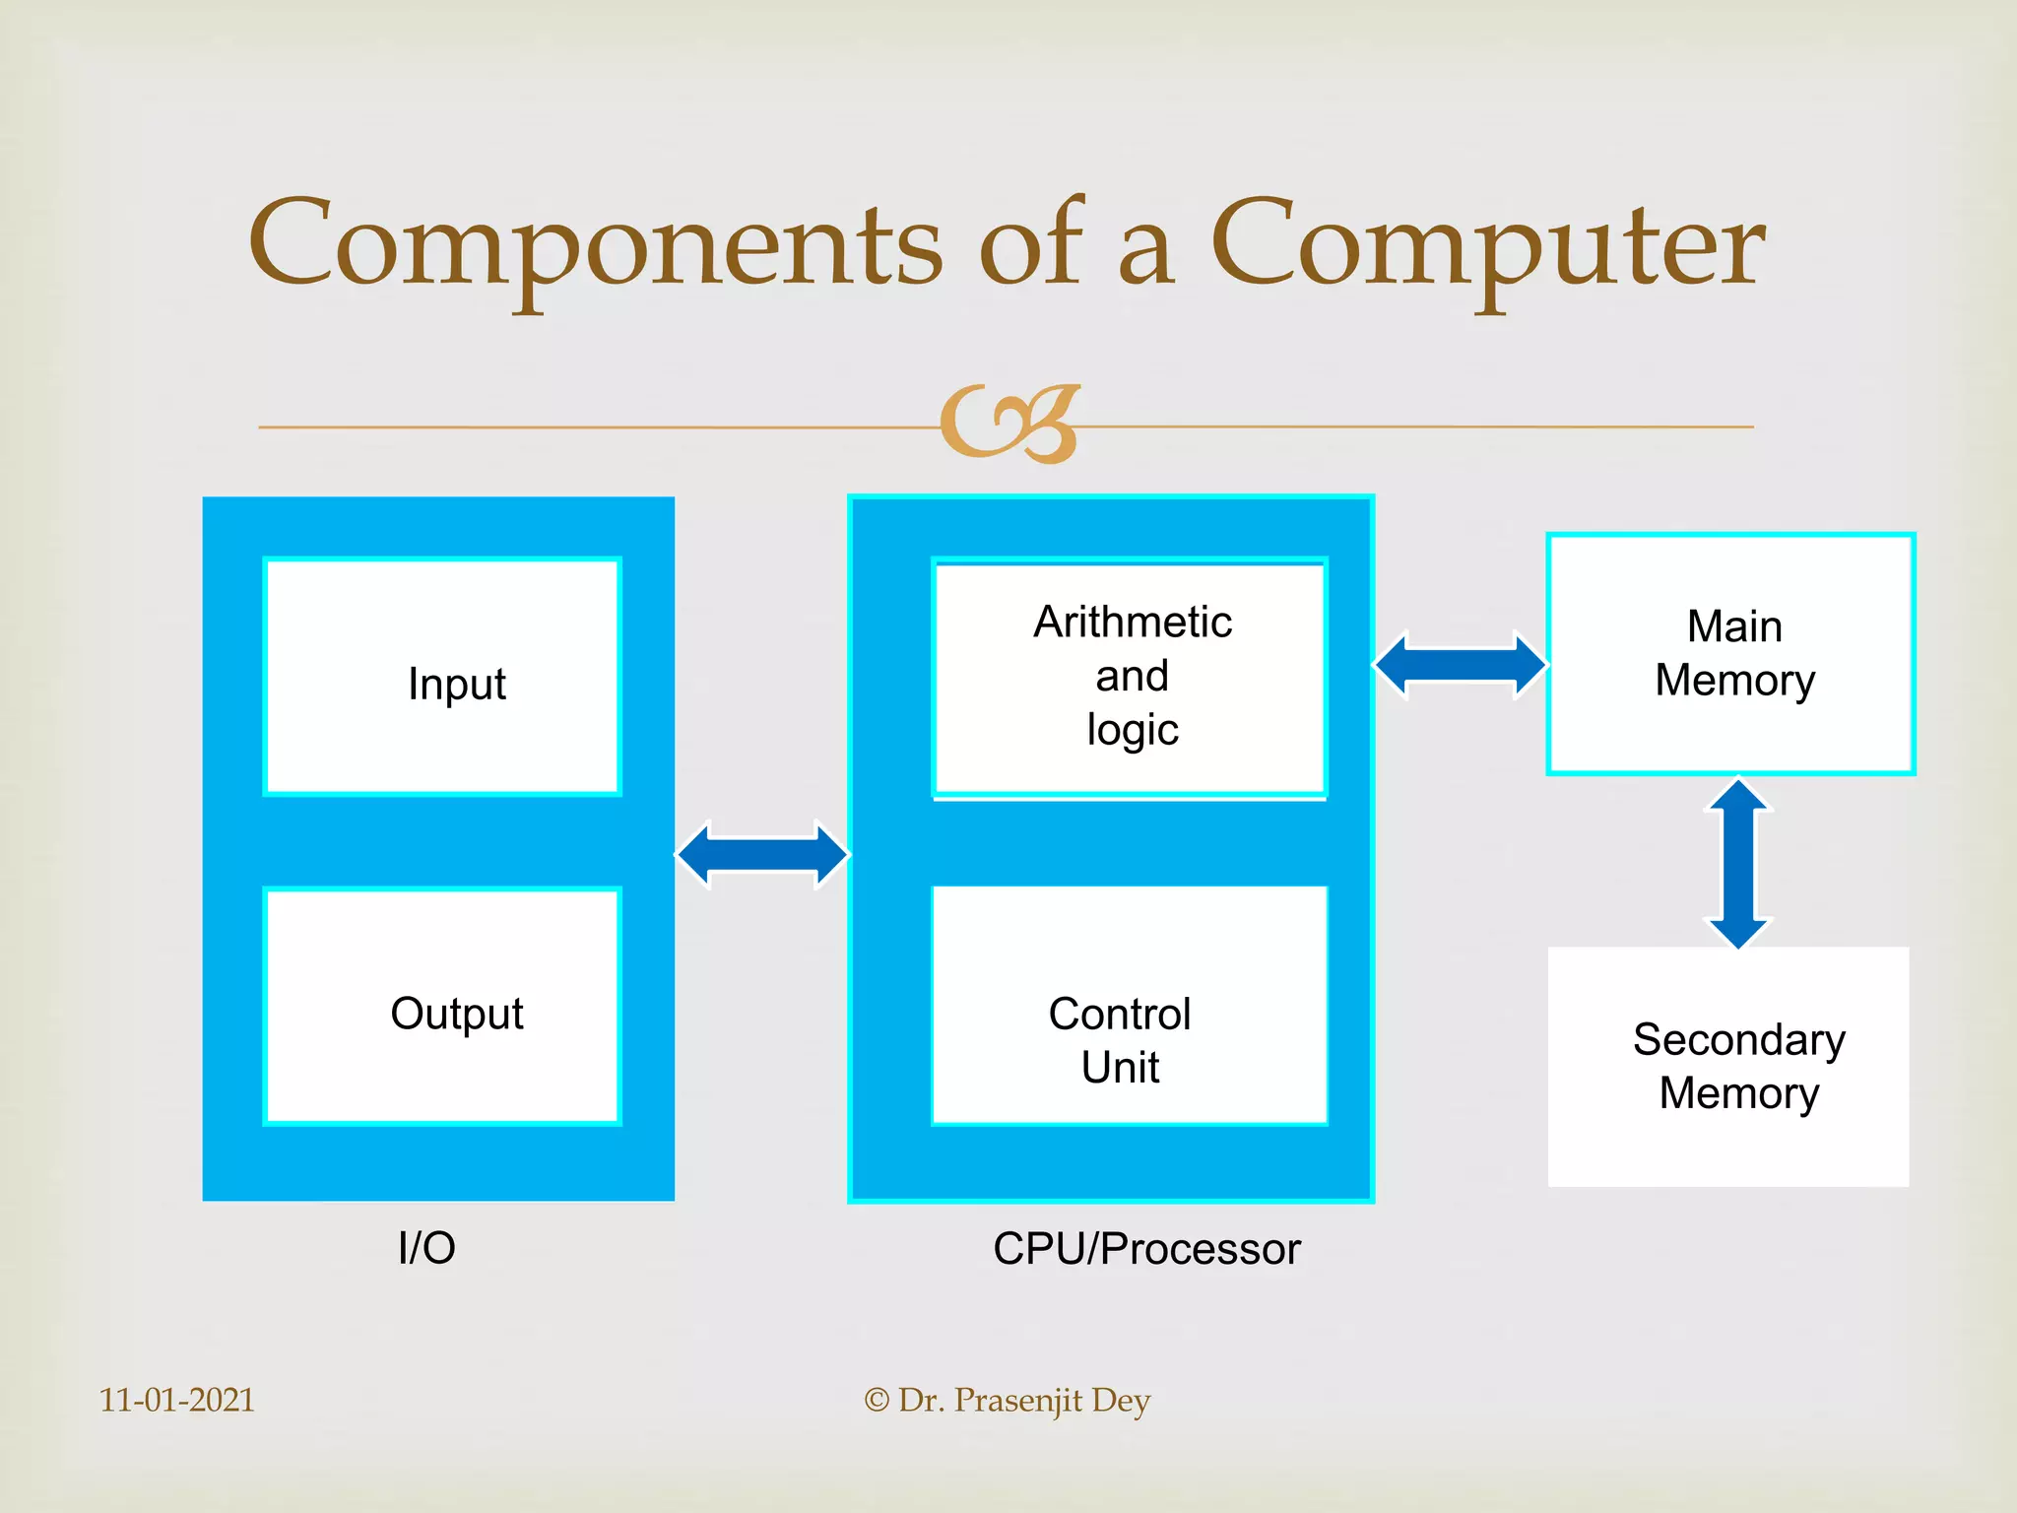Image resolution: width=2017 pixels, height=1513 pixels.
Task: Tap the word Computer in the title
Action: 1487,246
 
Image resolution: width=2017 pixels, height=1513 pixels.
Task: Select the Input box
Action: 442,678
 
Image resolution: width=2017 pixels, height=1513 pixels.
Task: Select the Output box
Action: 442,1007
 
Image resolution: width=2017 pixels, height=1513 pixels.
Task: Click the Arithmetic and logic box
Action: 1130,678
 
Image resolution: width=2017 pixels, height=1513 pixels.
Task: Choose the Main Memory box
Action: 1730,654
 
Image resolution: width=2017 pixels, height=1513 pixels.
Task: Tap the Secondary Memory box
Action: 1728,1067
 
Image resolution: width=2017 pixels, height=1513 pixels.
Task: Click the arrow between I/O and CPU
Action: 762,854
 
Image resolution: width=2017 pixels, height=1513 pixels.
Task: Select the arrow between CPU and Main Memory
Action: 1461,666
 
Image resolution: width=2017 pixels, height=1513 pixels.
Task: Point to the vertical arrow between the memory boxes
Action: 1738,864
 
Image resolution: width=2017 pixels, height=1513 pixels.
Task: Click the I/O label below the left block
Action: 426,1248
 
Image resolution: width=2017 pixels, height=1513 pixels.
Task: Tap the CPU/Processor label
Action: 1146,1249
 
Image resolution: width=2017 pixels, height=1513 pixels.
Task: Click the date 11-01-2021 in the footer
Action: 177,1400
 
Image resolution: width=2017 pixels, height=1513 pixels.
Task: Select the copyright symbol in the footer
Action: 877,1401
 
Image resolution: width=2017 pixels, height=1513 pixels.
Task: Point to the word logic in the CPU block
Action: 1133,731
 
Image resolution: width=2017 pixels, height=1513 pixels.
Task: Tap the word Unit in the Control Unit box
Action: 1120,1068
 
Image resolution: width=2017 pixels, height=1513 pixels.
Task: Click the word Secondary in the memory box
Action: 1738,1040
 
